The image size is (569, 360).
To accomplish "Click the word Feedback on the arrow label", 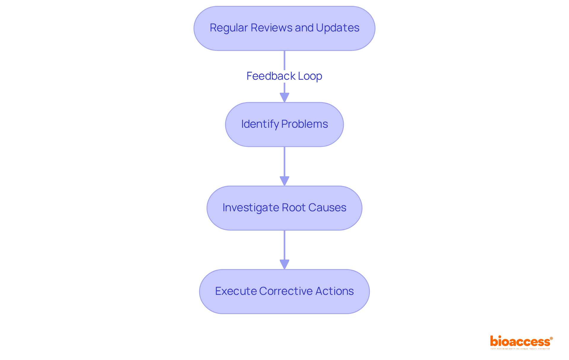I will [x=271, y=76].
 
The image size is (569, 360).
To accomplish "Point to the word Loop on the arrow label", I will [x=310, y=76].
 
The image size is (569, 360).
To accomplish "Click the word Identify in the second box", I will [x=260, y=124].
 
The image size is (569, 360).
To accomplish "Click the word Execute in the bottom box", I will [x=236, y=291].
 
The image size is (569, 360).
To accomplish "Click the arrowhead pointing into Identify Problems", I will [x=284, y=97].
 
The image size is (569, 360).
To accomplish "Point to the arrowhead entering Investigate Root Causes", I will [x=284, y=181].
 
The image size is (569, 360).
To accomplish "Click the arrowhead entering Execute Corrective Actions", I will [x=284, y=265].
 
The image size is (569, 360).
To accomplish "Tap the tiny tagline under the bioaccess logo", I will [x=520, y=349].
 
